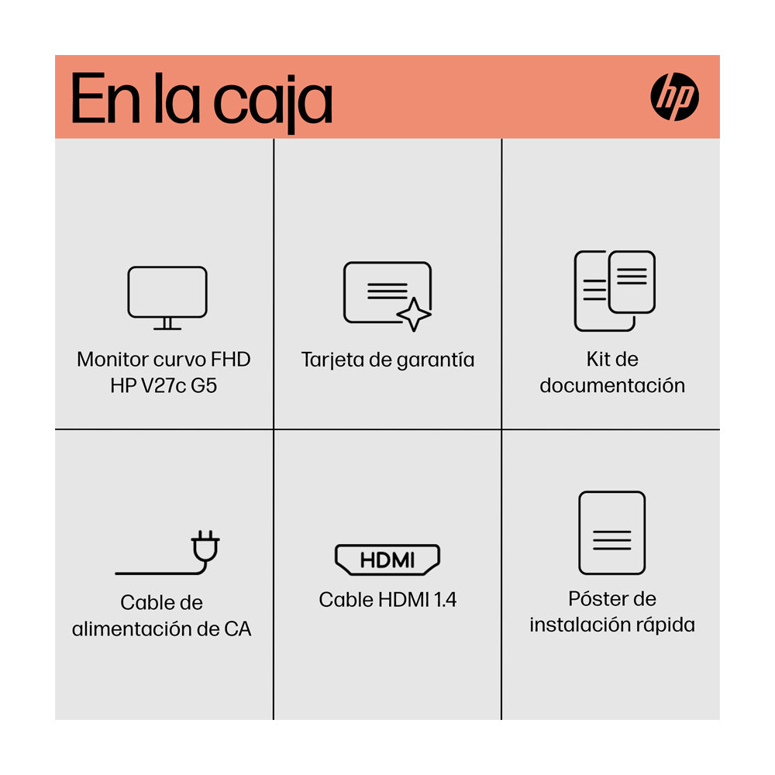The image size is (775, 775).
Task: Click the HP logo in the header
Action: [x=674, y=98]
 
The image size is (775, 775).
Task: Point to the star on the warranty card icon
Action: [x=414, y=315]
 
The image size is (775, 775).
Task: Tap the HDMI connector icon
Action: [x=387, y=560]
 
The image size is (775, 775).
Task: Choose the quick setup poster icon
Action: [x=611, y=532]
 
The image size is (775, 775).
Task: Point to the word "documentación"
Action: [x=612, y=385]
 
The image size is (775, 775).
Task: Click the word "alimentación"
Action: [x=133, y=629]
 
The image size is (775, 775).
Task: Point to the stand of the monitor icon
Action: [x=167, y=324]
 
